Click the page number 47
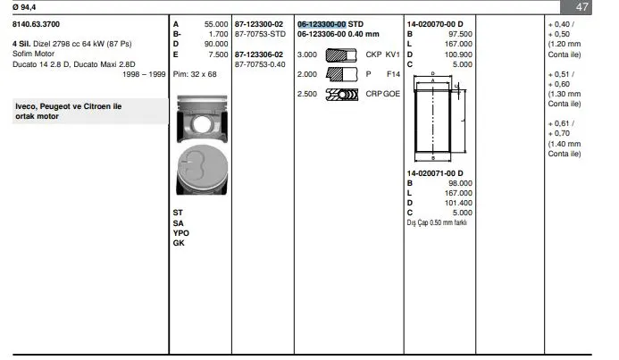click(581, 7)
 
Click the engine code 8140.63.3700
click(36, 24)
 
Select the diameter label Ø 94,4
click(24, 7)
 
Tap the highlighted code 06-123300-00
click(322, 24)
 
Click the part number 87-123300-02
click(258, 24)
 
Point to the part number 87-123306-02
click(258, 54)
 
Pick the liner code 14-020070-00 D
click(435, 24)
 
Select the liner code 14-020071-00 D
click(435, 173)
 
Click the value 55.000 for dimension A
click(216, 24)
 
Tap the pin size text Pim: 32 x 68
click(195, 74)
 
